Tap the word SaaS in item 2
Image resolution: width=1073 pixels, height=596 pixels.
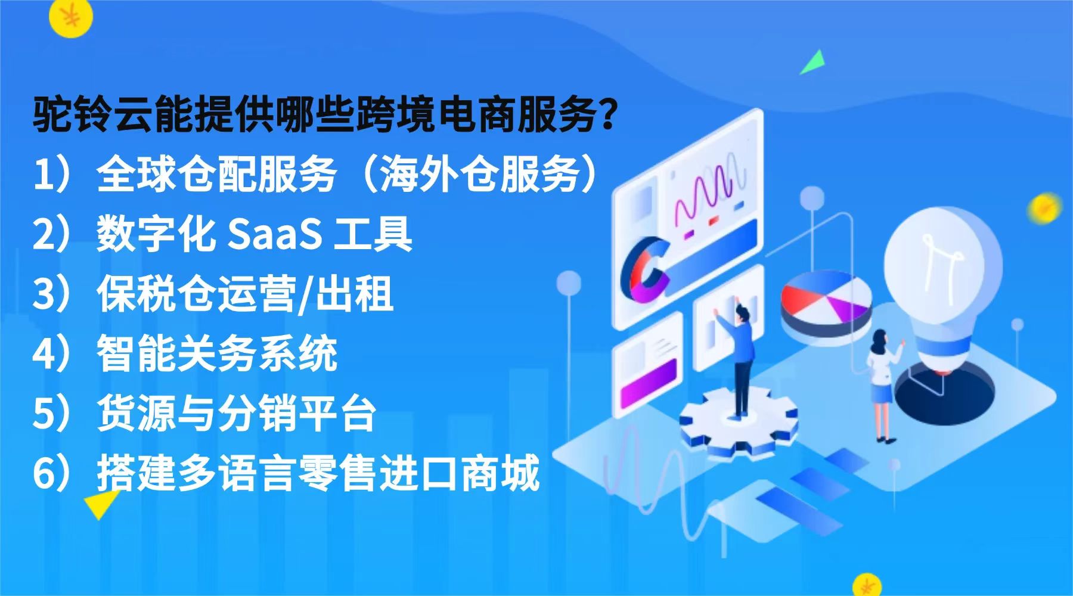274,234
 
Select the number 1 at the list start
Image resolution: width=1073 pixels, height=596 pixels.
43,175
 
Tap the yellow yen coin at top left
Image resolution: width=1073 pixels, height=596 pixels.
71,18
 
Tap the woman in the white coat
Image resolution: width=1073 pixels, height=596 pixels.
882,381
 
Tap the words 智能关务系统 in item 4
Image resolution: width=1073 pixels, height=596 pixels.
218,354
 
